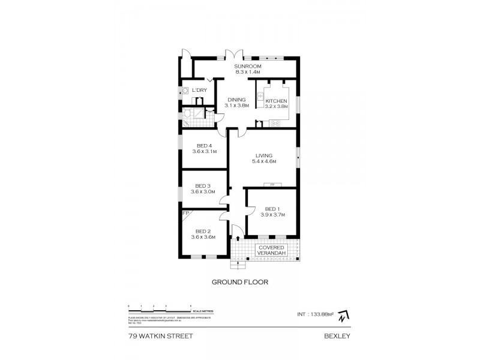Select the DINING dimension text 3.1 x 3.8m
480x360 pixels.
237,106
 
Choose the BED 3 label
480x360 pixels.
204,186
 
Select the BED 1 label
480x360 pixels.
272,209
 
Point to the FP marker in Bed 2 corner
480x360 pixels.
185,213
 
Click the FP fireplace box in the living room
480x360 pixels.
271,184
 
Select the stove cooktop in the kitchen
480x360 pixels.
276,123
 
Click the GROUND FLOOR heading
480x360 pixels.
239,281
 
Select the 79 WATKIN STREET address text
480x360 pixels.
160,337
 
